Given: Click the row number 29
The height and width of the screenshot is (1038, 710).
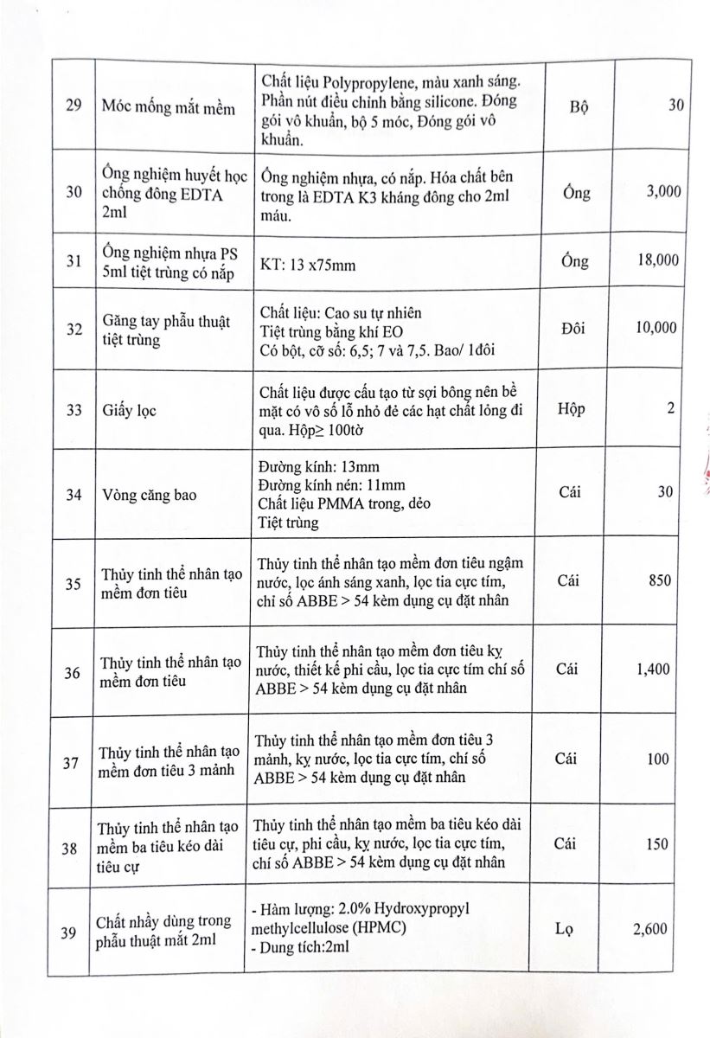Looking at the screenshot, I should (74, 106).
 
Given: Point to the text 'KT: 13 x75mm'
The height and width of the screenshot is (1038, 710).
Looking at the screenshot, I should (307, 265).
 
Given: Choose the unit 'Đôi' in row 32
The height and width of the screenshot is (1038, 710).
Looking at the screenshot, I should (575, 328).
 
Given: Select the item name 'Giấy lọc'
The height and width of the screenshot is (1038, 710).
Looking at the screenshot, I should (128, 410).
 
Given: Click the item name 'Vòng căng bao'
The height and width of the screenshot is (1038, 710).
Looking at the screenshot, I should (149, 496).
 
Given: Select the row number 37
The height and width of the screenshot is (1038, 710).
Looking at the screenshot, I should (74, 762).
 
